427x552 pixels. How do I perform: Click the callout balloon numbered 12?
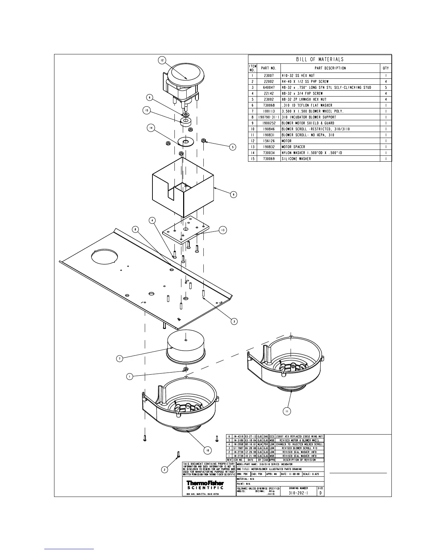point(163,60)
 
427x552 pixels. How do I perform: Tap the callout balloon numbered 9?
point(234,194)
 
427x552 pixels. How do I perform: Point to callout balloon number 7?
point(120,359)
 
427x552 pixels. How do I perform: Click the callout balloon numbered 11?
point(286,411)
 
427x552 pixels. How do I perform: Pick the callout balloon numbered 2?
point(164,469)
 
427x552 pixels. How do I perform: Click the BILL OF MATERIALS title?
point(320,59)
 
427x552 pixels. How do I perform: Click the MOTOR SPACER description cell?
point(293,147)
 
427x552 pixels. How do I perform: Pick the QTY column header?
point(385,68)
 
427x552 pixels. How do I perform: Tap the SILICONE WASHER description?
point(296,159)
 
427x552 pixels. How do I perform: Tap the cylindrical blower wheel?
point(185,347)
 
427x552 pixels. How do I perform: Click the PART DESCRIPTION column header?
point(330,68)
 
